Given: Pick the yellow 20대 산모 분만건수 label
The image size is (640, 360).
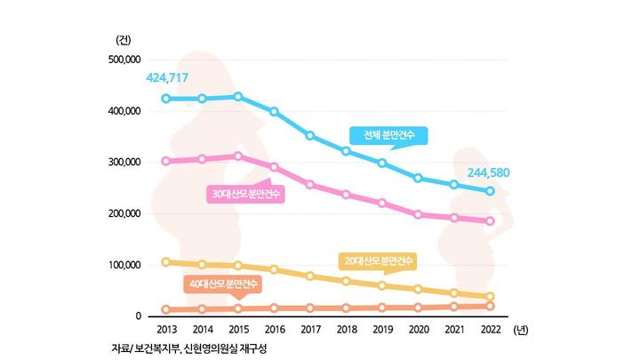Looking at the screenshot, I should (x=379, y=260).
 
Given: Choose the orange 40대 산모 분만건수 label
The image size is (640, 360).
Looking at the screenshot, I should (x=222, y=284).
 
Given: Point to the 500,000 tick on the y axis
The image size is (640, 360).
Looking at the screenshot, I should (x=124, y=60).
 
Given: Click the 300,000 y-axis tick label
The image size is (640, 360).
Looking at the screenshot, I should (x=124, y=163).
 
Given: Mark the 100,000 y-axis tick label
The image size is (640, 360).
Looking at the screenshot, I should (x=124, y=265).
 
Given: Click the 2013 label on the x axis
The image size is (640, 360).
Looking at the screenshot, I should (x=166, y=329).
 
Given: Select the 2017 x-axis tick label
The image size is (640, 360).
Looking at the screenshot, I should (x=309, y=329).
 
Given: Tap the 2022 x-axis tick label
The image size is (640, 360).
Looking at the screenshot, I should (x=489, y=329).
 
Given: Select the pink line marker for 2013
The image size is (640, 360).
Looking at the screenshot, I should (x=166, y=161).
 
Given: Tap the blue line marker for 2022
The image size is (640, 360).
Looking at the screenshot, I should (x=489, y=191).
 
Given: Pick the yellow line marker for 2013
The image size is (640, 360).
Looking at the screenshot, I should (x=166, y=261).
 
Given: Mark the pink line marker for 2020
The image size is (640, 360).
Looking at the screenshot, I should (x=418, y=214).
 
